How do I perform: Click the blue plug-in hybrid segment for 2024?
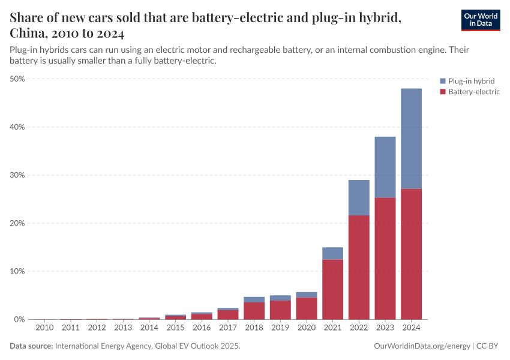tap(411, 139)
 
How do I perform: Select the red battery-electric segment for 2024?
tap(411, 254)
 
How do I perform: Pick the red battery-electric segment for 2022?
tap(359, 267)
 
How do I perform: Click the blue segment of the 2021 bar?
tap(332, 253)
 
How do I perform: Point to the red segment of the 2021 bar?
tap(332, 289)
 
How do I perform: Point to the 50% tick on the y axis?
tap(17, 79)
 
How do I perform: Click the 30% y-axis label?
tap(17, 175)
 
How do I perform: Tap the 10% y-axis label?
tap(17, 271)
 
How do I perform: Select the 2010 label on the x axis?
tap(44, 328)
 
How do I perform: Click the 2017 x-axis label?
tap(228, 328)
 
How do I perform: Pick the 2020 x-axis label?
tap(307, 328)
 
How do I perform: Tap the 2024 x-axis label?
tap(411, 328)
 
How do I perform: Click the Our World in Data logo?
tap(480, 20)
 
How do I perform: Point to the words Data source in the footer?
tap(31, 346)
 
